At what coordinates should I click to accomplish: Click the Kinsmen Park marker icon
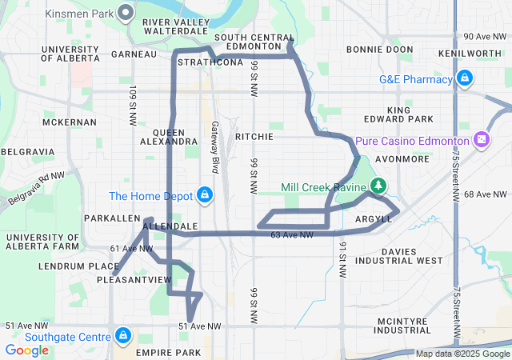(126, 12)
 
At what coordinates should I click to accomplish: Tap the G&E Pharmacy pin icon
(463, 78)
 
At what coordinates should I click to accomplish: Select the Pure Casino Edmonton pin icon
(482, 140)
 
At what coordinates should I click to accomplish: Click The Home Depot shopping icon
(205, 195)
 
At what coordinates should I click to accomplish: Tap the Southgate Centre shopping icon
(122, 335)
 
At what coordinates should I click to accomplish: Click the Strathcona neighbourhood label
(210, 62)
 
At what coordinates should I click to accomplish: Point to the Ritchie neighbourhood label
(254, 137)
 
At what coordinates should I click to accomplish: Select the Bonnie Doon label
(380, 50)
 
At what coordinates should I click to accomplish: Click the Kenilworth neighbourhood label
(470, 53)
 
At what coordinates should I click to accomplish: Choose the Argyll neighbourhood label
(373, 218)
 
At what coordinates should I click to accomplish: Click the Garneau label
(134, 54)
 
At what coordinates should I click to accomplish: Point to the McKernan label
(71, 122)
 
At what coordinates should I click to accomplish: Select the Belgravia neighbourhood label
(27, 151)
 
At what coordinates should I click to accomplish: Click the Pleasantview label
(134, 279)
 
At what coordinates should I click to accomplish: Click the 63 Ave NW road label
(292, 235)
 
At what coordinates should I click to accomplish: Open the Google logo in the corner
(27, 350)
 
